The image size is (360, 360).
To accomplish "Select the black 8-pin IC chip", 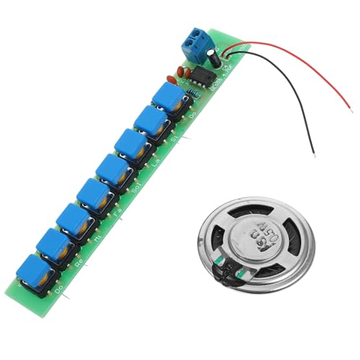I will (x=205, y=74).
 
